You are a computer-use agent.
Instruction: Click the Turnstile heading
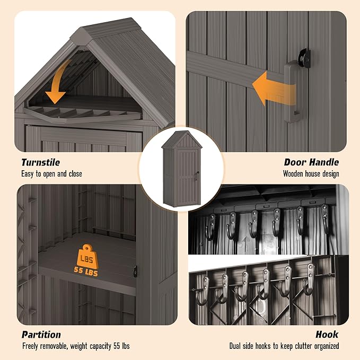tap(40, 163)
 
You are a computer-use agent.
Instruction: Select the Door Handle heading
tap(311, 163)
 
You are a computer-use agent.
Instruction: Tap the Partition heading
tap(41, 335)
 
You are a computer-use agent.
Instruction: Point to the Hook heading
tap(327, 335)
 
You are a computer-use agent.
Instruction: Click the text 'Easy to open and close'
tap(51, 174)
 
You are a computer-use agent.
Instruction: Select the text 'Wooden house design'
tap(311, 173)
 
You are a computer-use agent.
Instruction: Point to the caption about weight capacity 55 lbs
tap(76, 346)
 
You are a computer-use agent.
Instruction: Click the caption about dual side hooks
tap(284, 346)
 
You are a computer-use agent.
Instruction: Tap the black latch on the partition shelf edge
tap(136, 271)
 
